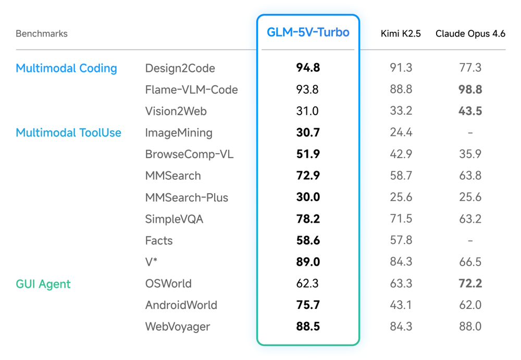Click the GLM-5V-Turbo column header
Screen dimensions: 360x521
click(x=308, y=32)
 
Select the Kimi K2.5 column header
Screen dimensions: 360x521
click(x=401, y=34)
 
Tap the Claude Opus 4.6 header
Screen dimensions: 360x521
click(x=470, y=34)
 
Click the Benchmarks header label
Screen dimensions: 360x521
click(x=42, y=34)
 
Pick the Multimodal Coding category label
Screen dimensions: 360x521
click(x=66, y=68)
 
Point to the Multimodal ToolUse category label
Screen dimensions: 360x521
click(x=68, y=133)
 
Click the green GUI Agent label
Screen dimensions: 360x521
click(x=43, y=284)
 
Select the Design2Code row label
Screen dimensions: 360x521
click(x=180, y=68)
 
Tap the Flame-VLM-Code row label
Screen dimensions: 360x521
click(x=191, y=90)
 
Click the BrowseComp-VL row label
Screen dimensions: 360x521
click(x=189, y=154)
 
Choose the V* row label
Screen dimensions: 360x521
click(x=152, y=262)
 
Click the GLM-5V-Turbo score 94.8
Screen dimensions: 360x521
click(x=308, y=68)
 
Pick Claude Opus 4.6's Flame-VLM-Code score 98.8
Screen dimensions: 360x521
click(x=470, y=90)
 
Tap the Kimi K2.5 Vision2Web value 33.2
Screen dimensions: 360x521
click(x=401, y=111)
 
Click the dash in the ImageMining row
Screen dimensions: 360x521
click(x=470, y=133)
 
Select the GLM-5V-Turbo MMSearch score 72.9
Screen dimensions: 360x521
click(x=308, y=176)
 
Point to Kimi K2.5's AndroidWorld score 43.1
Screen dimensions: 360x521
click(x=401, y=305)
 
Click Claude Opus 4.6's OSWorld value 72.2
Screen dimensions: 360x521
click(x=470, y=284)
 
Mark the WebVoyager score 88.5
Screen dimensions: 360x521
click(x=308, y=327)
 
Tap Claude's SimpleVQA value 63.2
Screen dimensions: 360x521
click(x=470, y=219)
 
